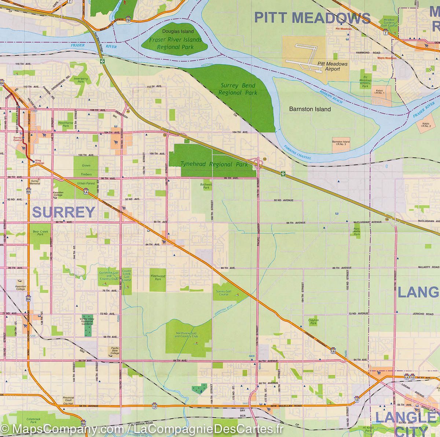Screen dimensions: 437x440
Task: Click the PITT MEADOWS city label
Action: coord(312,18)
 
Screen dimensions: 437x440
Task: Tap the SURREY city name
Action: coord(64,212)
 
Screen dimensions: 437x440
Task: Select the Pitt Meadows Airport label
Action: coord(332,66)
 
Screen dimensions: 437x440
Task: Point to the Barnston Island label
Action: coord(310,109)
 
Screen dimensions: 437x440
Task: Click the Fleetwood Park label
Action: coord(158,277)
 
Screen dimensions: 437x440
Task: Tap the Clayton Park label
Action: coord(313,322)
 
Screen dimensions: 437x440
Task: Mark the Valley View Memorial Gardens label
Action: coord(87,321)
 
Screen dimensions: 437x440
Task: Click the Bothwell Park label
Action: coord(206,186)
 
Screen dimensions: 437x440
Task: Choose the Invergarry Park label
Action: coord(81,80)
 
